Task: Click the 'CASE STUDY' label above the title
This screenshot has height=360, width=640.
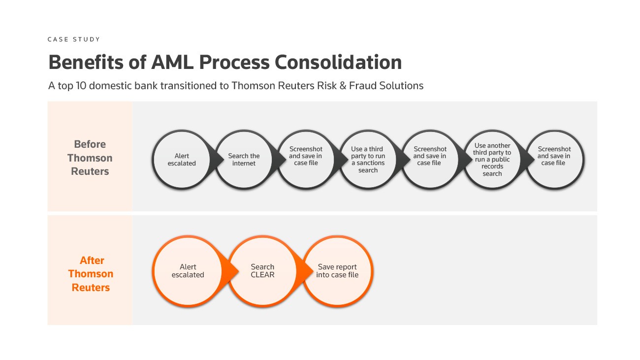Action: pyautogui.click(x=73, y=39)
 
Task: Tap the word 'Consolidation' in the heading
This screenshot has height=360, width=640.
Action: pyautogui.click(x=338, y=63)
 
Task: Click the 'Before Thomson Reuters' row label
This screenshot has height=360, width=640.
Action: pyautogui.click(x=90, y=158)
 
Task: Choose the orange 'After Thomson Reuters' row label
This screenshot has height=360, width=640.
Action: pyautogui.click(x=91, y=274)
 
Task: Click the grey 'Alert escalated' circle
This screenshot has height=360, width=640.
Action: pyautogui.click(x=182, y=160)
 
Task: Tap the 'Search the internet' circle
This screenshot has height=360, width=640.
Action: pyautogui.click(x=244, y=160)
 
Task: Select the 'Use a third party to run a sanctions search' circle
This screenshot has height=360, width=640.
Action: pyautogui.click(x=368, y=160)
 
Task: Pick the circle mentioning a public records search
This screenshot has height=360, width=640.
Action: pyautogui.click(x=492, y=160)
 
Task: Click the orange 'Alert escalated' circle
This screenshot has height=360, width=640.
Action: pyautogui.click(x=188, y=271)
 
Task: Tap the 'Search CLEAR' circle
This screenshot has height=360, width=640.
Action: pyautogui.click(x=262, y=271)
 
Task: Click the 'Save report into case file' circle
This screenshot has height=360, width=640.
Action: pyautogui.click(x=337, y=271)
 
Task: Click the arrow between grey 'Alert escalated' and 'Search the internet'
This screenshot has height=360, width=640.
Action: pyautogui.click(x=213, y=160)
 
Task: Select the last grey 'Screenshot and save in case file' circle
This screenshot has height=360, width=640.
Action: pyautogui.click(x=554, y=160)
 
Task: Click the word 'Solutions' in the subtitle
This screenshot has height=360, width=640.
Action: pyautogui.click(x=402, y=86)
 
